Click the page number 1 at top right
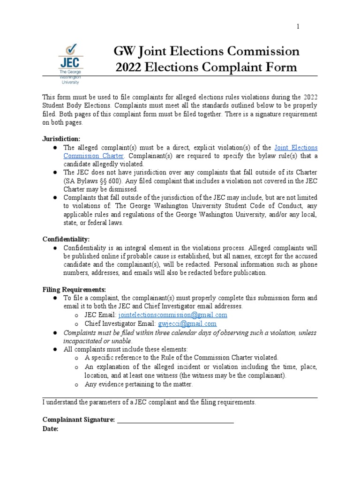[297, 27]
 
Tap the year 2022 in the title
[131, 67]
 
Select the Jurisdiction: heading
[61, 139]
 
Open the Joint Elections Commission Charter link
[296, 148]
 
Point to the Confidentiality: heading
[66, 239]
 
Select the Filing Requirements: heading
[75, 289]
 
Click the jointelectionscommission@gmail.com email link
[173, 315]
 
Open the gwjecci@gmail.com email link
[187, 323]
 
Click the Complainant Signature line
[175, 420]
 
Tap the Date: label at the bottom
[50, 429]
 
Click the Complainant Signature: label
[78, 420]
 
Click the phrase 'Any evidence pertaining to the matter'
[139, 384]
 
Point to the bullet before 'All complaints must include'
[54, 349]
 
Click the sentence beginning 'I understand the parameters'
[149, 402]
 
